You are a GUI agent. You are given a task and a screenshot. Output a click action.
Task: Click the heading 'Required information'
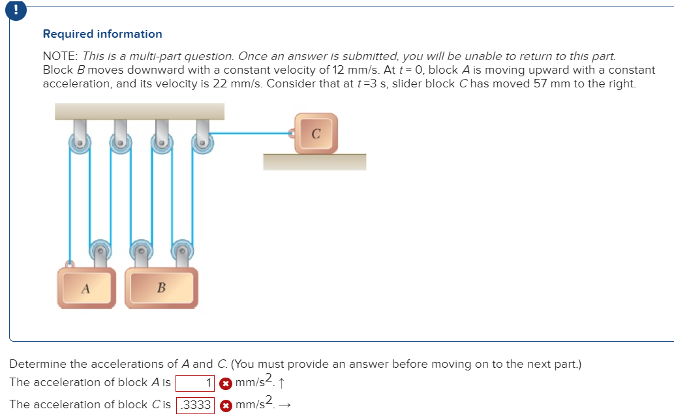[102, 34]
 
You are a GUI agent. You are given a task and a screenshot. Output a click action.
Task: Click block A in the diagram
[85, 287]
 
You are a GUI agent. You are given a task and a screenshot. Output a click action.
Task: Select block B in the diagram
[162, 286]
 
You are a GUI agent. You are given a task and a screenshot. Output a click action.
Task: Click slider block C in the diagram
[316, 134]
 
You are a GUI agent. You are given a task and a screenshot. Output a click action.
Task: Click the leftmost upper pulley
[80, 143]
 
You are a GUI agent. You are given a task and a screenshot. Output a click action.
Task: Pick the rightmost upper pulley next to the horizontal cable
[203, 143]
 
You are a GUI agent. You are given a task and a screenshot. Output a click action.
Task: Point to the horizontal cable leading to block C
[251, 134]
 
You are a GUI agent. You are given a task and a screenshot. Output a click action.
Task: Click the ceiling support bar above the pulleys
[140, 111]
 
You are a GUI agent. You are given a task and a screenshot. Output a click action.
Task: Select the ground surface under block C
[314, 162]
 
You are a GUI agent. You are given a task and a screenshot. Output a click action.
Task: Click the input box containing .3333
[195, 405]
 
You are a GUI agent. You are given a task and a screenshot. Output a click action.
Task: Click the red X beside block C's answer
[225, 405]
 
